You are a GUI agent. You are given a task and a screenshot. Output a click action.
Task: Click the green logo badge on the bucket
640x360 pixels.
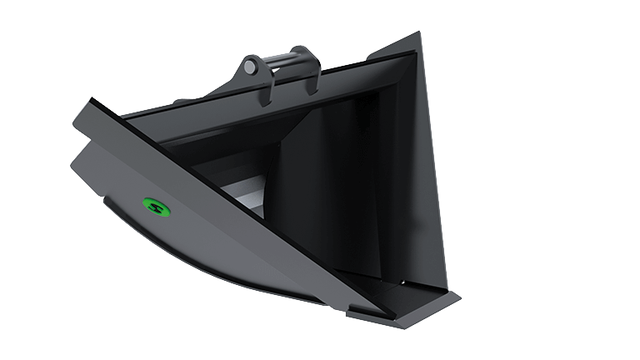click(x=154, y=204)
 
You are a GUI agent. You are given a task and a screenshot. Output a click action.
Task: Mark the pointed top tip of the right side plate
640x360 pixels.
click(x=418, y=34)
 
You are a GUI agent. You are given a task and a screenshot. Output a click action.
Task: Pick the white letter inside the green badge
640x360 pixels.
click(x=154, y=204)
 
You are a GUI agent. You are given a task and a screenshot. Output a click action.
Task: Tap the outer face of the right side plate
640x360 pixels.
click(x=429, y=167)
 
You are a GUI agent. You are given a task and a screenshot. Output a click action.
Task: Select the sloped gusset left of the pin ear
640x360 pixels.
click(x=225, y=90)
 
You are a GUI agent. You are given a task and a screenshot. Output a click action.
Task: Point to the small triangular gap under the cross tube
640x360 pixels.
click(x=283, y=78)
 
